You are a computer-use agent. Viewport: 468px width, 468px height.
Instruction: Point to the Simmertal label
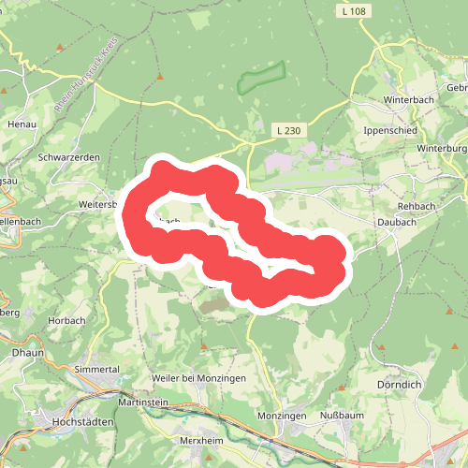coord(97,370)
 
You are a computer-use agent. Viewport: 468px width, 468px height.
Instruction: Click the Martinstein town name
coord(143,402)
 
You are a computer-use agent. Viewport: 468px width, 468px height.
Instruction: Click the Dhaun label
coord(17,355)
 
